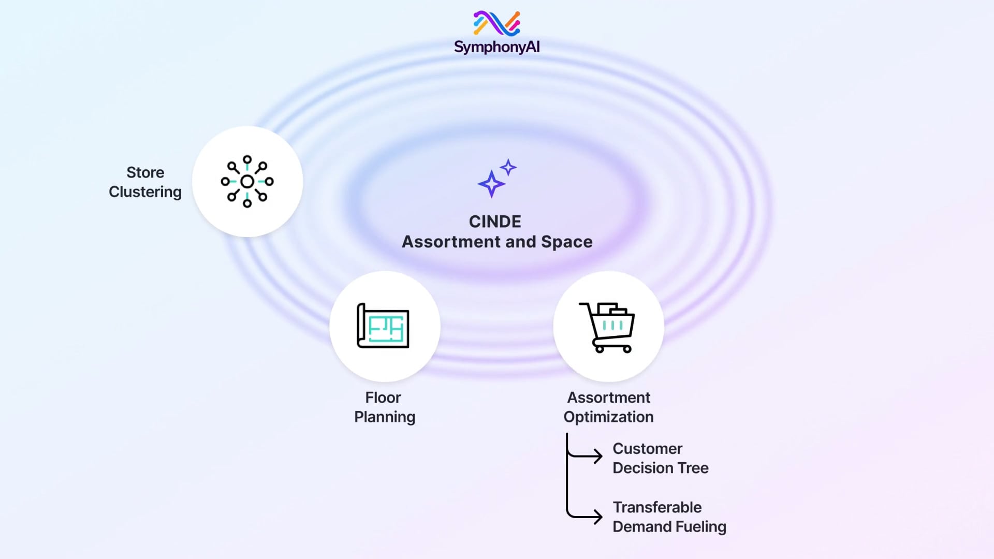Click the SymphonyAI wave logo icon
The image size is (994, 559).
[x=496, y=23]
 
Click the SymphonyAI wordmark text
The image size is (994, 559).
[x=496, y=47]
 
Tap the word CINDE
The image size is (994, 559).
[x=495, y=222]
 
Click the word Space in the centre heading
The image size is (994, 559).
[x=566, y=242]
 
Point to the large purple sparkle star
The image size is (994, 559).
[x=491, y=184]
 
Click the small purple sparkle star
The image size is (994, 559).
[x=508, y=167]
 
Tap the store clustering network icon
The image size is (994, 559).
[x=247, y=182]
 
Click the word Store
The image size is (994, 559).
[x=145, y=172]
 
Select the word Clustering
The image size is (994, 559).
[x=145, y=192]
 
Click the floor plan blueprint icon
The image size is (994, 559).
[x=383, y=326]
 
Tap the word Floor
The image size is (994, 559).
[x=383, y=398]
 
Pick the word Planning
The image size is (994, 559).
[x=385, y=417]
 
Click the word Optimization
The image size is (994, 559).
[x=608, y=417]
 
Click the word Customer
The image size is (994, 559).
[x=647, y=449]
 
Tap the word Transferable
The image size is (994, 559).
[x=657, y=507]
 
